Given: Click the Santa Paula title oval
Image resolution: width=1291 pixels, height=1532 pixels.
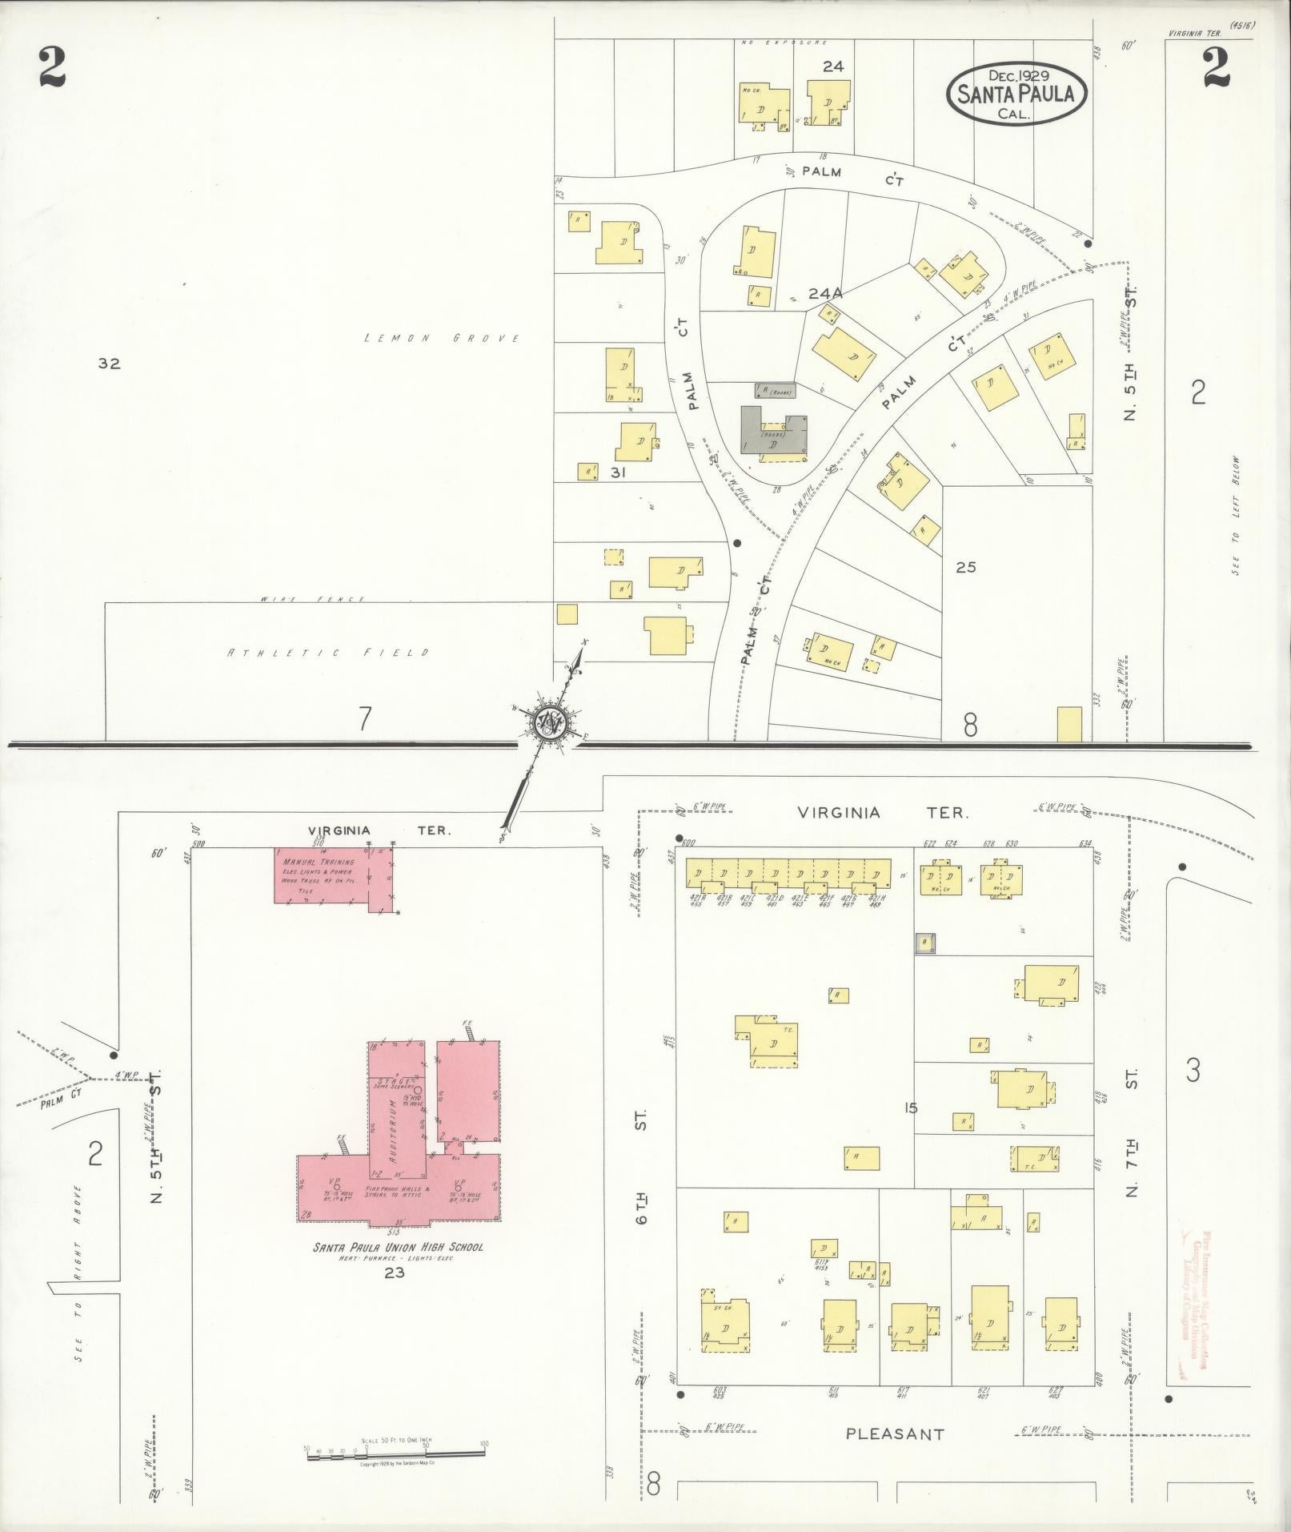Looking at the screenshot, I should point(1016,94).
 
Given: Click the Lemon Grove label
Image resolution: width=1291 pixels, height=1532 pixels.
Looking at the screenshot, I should point(442,339).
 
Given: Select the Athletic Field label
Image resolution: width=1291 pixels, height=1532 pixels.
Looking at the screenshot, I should point(329,653).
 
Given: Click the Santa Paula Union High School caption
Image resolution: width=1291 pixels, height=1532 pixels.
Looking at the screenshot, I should point(398,1247).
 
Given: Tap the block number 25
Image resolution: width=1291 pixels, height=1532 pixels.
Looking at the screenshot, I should point(966,567).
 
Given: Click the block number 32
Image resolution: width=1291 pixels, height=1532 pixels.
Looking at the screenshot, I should point(109,364).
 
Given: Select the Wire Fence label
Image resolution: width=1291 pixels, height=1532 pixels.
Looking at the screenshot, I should point(312,599).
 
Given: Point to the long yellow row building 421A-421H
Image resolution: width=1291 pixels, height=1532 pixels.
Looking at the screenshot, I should point(788,874).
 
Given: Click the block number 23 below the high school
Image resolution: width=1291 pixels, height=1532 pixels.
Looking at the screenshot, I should point(395,1273).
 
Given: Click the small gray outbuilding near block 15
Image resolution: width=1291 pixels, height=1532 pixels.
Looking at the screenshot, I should point(925,943).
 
